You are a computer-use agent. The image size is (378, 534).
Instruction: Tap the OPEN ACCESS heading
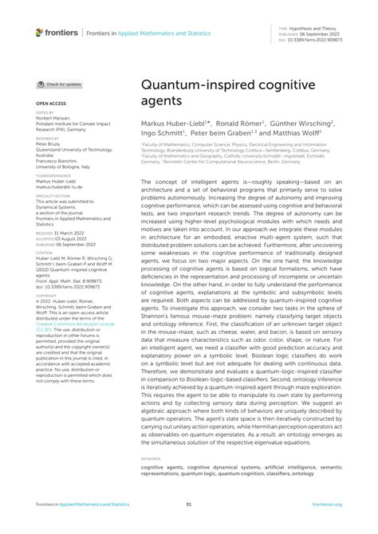point(50,103)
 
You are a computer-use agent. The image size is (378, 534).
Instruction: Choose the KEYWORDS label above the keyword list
point(152,458)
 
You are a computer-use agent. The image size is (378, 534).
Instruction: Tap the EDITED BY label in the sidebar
point(45,112)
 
